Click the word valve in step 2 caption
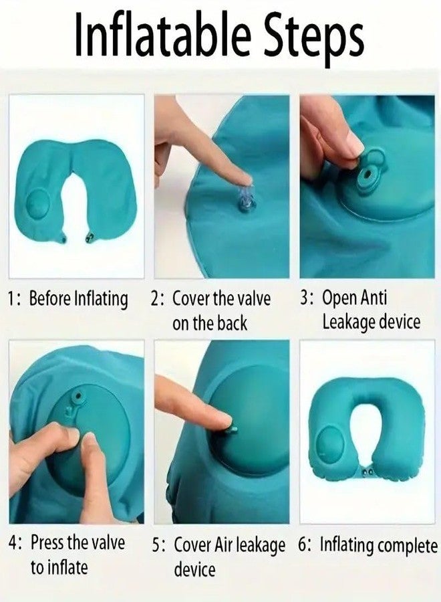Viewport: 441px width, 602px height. (x=253, y=298)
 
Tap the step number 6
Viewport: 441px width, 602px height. (x=304, y=545)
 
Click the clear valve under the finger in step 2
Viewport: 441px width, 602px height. (x=245, y=201)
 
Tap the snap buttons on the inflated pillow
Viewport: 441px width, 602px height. (x=365, y=473)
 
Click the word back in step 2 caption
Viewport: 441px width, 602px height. (x=232, y=323)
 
